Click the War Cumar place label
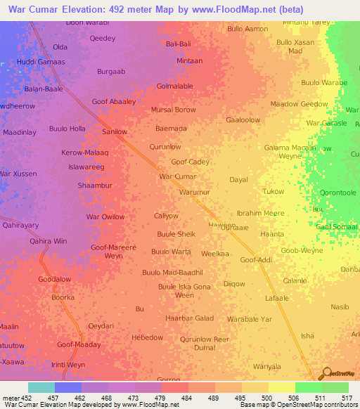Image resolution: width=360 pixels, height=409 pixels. point(177,176)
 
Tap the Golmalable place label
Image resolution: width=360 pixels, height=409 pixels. point(174,86)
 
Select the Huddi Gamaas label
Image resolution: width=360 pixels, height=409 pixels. point(40,62)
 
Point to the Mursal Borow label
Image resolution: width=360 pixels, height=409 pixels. point(174,110)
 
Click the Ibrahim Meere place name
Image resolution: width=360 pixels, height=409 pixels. point(260,213)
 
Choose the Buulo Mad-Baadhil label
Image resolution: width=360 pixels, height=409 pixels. point(172,272)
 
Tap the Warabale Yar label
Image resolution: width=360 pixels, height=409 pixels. point(249,319)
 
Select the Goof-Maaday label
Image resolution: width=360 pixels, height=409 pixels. point(79,345)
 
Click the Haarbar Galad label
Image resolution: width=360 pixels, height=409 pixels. point(189,318)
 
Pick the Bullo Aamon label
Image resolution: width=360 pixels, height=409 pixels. point(247,29)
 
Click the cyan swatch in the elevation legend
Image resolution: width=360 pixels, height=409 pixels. point(41,387)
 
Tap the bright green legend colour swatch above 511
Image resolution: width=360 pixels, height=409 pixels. point(308,387)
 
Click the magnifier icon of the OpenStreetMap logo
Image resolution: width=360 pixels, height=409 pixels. point(324,373)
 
